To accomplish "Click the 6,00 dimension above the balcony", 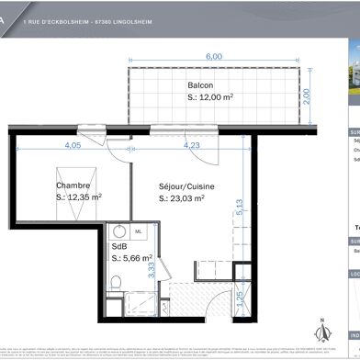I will [x=213, y=57].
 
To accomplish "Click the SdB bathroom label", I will [x=118, y=247].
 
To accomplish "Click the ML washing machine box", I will [x=139, y=231].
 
